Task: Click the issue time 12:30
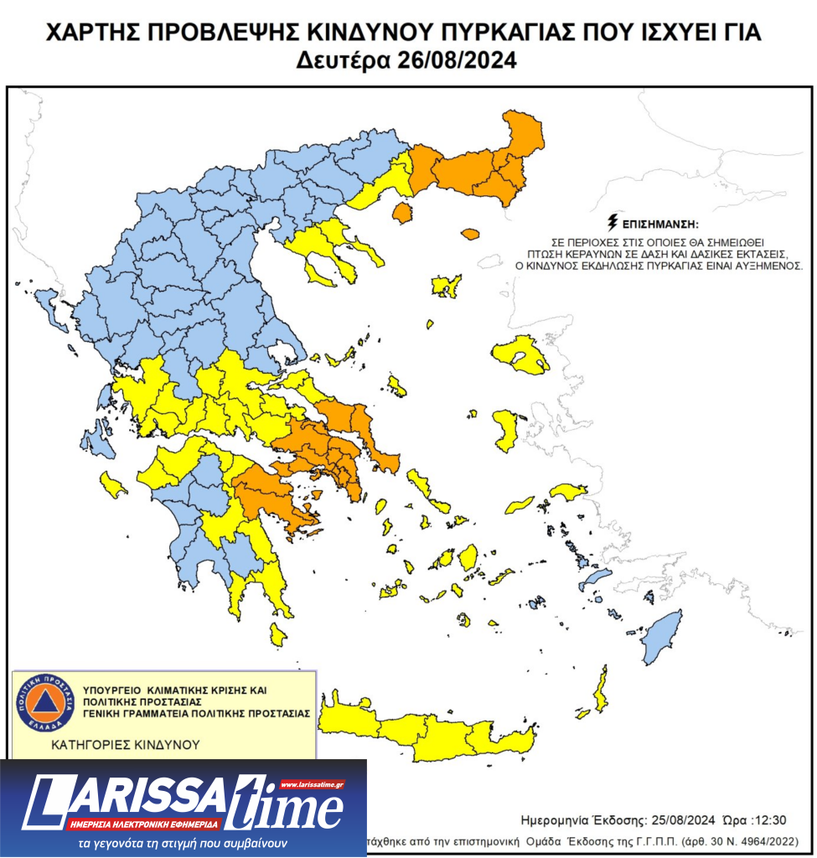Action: click(769, 819)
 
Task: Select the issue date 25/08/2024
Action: click(670, 819)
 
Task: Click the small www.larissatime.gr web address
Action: click(313, 785)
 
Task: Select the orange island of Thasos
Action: click(402, 213)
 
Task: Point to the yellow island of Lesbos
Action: click(520, 354)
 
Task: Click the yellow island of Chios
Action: click(506, 430)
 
